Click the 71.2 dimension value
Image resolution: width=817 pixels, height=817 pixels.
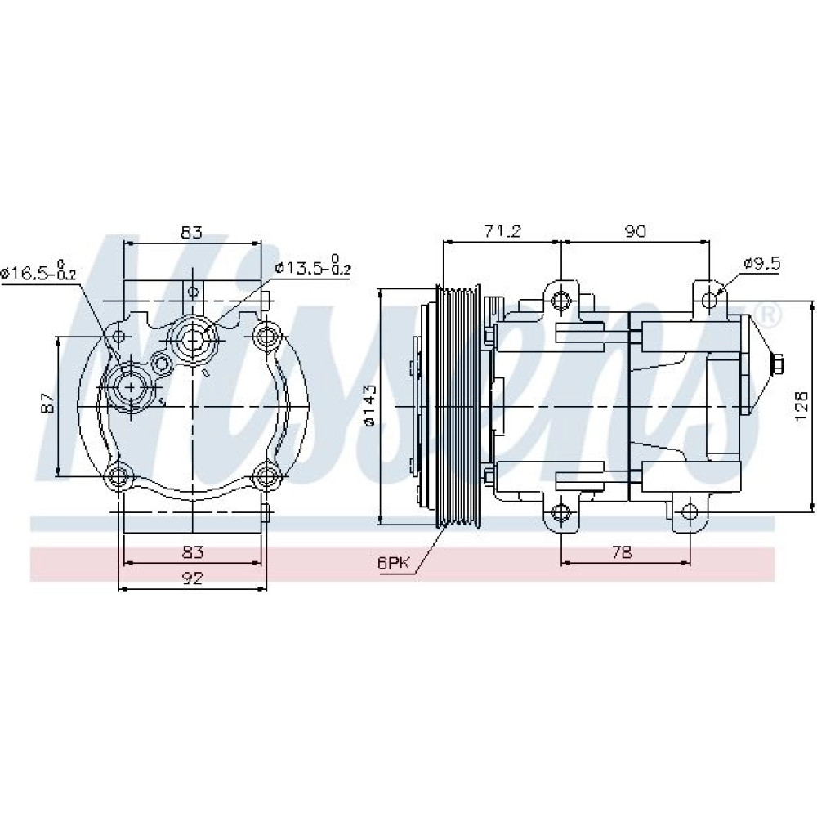click(502, 231)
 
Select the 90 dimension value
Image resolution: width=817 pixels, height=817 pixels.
click(635, 231)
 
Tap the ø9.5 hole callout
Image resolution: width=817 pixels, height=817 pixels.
click(761, 264)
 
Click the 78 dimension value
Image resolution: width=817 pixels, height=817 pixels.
click(622, 551)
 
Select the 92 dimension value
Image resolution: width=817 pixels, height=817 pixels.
click(192, 578)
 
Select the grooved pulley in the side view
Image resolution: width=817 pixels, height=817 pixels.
click(458, 406)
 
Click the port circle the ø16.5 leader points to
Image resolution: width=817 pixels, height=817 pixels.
click(130, 387)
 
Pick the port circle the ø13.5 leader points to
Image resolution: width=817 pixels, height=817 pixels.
click(194, 340)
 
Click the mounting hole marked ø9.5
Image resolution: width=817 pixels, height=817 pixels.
click(709, 300)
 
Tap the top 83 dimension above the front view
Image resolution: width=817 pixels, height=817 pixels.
click(192, 232)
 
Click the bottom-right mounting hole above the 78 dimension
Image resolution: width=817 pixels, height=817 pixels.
click(690, 513)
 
